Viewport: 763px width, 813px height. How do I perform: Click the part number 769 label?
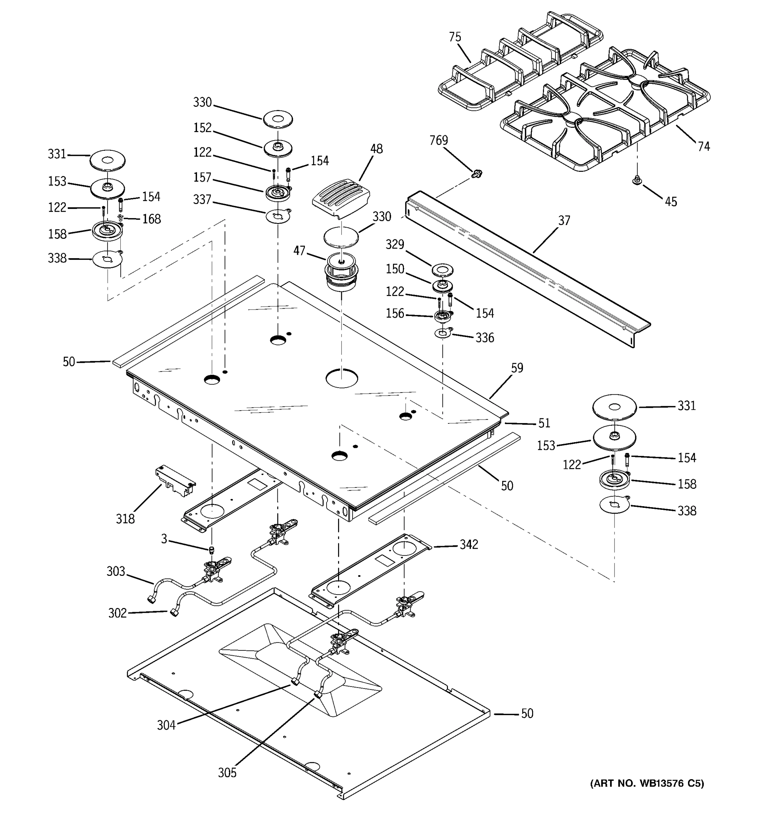438,140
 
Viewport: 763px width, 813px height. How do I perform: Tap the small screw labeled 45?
637,180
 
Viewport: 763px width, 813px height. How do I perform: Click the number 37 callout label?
564,221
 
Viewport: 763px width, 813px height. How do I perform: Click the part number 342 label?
469,544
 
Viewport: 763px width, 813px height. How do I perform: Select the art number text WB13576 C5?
647,783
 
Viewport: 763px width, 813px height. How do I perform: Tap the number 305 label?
227,772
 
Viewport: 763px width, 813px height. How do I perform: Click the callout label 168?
152,219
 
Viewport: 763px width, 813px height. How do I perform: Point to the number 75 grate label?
455,37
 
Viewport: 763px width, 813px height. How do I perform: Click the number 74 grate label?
704,146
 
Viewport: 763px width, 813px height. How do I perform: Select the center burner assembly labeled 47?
341,272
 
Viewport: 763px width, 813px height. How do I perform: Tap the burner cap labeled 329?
442,270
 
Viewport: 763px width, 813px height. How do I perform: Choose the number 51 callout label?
544,423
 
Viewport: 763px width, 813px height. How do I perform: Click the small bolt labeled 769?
476,174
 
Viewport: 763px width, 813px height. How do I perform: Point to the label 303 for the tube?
116,571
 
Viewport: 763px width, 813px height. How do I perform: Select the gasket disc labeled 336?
443,334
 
